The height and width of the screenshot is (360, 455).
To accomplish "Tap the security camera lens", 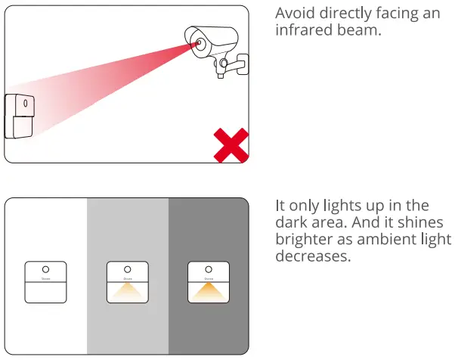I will (199, 43).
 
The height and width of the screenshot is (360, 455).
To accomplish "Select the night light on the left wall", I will (20, 116).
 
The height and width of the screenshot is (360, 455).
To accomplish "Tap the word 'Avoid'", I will (293, 14).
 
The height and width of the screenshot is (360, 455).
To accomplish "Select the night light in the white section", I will (45, 282).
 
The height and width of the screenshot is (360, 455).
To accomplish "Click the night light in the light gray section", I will (127, 282).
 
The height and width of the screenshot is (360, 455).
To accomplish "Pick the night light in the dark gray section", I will (209, 282).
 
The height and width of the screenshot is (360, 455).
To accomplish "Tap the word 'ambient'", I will (381, 240).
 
